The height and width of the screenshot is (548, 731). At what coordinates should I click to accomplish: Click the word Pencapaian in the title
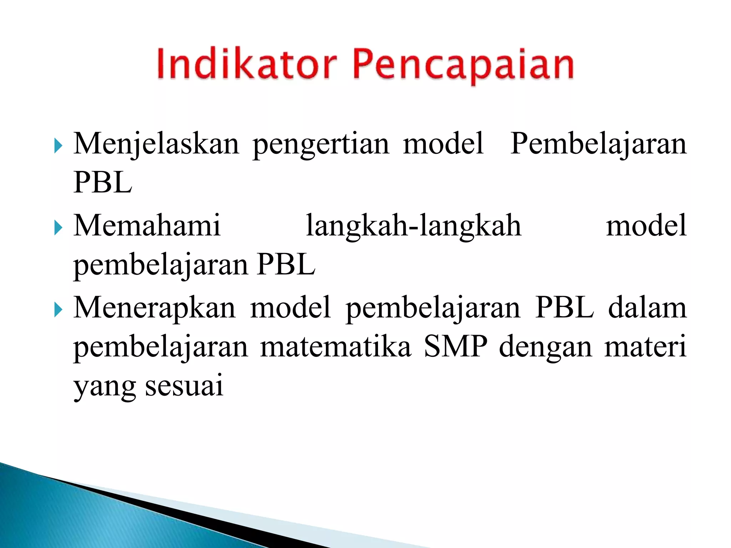pyautogui.click(x=463, y=66)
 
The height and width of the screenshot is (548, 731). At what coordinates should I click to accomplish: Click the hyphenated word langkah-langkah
pyautogui.click(x=414, y=227)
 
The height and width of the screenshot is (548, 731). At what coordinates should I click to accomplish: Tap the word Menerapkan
pyautogui.click(x=155, y=308)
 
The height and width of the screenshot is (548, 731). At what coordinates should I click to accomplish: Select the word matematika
pyautogui.click(x=336, y=347)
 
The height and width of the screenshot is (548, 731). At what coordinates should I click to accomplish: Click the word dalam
pyautogui.click(x=647, y=308)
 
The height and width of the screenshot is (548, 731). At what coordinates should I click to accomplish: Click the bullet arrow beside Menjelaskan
pyautogui.click(x=58, y=146)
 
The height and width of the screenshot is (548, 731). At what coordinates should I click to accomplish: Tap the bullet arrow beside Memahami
pyautogui.click(x=58, y=228)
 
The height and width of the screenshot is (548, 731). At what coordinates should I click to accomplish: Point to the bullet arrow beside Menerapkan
pyautogui.click(x=58, y=310)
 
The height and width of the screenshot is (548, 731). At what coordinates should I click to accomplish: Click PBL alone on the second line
pyautogui.click(x=103, y=183)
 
